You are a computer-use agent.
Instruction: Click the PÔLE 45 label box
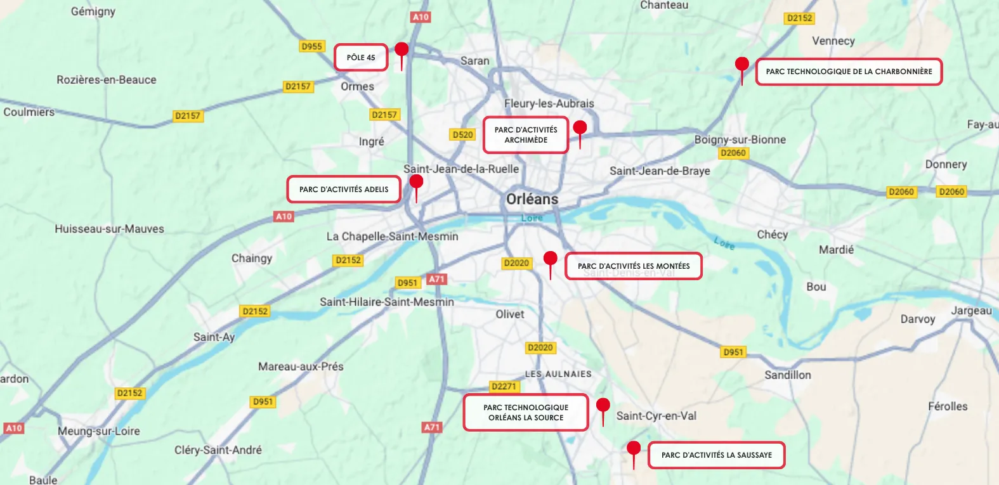pos(361,58)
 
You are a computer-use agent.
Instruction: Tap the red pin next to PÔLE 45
pos(402,49)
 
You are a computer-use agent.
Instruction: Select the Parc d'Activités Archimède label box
pos(526,135)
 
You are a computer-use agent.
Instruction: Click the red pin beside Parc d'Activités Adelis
pos(416,182)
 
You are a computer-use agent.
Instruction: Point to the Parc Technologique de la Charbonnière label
pos(849,72)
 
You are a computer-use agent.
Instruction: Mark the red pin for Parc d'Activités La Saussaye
pos(633,448)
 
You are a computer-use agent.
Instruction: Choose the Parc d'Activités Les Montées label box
pos(634,266)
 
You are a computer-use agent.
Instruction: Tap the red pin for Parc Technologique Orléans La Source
pos(603,405)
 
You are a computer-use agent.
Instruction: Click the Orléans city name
pos(532,199)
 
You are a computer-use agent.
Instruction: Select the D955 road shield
pos(311,46)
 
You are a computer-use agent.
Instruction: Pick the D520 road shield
pos(462,134)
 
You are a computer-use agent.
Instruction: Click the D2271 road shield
pos(504,386)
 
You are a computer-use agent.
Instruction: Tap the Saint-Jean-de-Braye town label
pos(660,171)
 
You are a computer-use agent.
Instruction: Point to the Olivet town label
pos(510,314)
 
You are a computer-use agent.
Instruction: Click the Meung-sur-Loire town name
pos(99,431)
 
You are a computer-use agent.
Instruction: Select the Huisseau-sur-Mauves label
pos(109,229)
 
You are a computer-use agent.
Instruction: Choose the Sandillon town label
pos(788,375)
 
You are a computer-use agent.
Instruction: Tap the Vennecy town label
pos(833,41)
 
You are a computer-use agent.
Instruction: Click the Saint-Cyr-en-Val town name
pos(656,416)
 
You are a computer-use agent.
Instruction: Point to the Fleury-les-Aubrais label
pos(549,103)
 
